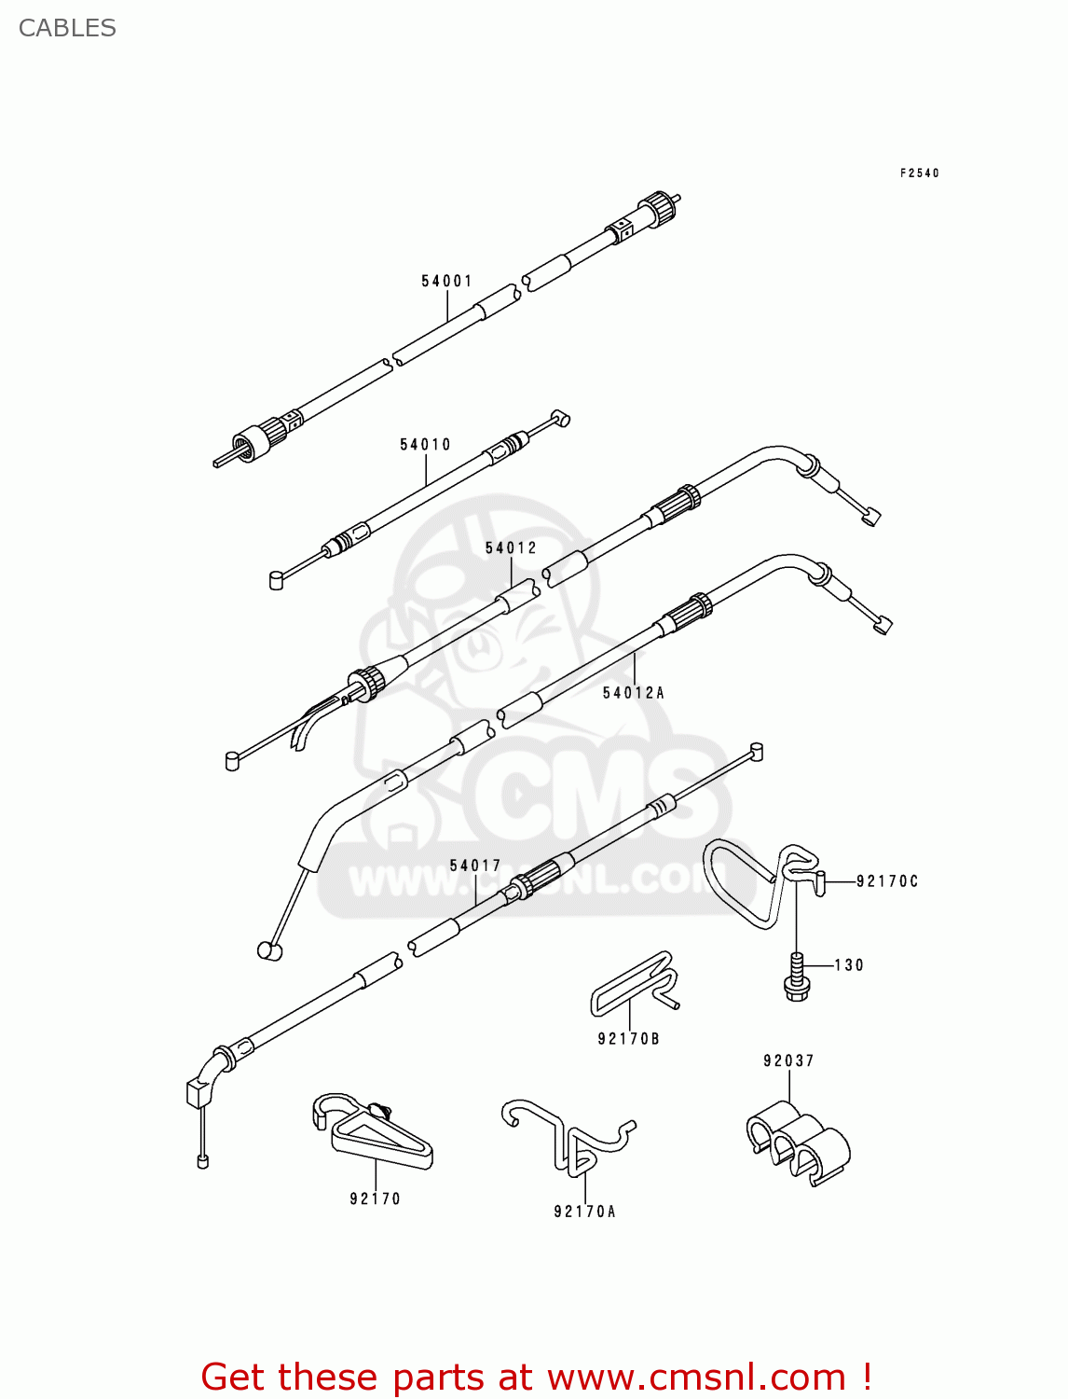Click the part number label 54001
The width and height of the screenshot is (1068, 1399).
(446, 281)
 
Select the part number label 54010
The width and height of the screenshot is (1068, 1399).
(425, 445)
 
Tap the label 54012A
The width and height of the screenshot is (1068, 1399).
(633, 693)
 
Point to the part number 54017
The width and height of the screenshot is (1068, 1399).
(475, 866)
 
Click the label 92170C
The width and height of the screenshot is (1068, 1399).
(886, 881)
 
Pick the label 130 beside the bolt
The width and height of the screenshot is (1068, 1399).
(848, 965)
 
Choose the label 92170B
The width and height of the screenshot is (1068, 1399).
(628, 1039)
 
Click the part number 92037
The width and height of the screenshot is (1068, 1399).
(788, 1060)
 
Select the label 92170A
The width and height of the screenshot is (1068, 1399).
(584, 1212)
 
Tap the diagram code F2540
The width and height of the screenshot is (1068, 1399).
(919, 173)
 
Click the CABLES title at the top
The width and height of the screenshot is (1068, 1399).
(67, 28)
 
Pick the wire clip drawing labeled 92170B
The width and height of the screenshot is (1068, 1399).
(634, 984)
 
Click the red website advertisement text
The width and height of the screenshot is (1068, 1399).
(536, 1377)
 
